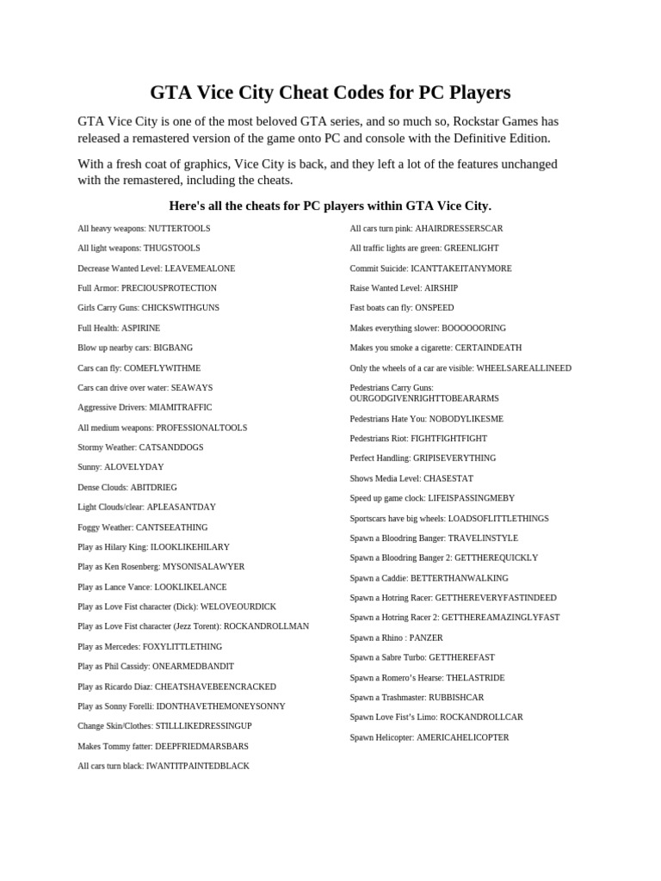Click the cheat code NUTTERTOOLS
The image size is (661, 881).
point(179,229)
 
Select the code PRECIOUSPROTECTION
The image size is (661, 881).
point(169,288)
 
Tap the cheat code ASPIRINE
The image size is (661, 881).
point(140,328)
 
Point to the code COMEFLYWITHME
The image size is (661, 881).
point(162,368)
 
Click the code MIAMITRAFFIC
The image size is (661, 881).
point(180,408)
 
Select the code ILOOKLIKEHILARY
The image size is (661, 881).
point(190,547)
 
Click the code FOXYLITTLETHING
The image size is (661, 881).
point(182,647)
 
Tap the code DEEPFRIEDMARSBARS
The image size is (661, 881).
point(201,747)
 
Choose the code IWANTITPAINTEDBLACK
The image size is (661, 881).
point(198,767)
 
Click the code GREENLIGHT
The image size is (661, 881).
point(472,249)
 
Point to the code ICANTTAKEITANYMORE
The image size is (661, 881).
point(461,268)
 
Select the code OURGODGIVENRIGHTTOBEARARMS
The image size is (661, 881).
point(424,399)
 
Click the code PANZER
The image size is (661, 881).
point(426,638)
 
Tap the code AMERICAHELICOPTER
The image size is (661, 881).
point(463,738)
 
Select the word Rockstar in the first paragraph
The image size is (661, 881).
point(480,121)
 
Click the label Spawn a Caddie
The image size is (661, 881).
point(379,578)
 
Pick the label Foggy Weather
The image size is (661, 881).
point(105,527)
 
